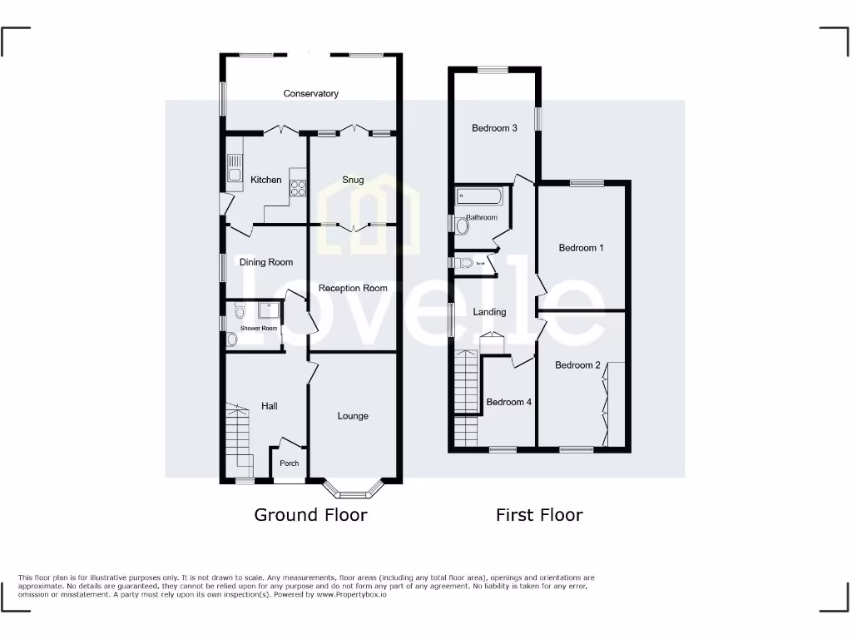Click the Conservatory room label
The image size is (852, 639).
click(310, 94)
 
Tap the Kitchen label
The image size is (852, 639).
click(266, 180)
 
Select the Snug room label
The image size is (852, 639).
click(353, 180)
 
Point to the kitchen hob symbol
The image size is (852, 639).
click(298, 190)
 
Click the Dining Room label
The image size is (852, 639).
click(266, 262)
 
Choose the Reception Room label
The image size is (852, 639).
click(353, 288)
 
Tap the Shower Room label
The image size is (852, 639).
click(259, 329)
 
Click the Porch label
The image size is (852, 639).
click(289, 463)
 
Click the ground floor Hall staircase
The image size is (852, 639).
click(240, 437)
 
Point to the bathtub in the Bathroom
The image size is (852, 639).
click(478, 197)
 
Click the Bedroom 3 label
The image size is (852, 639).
click(494, 128)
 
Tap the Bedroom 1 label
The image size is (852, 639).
click(581, 248)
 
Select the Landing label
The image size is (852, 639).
click(489, 312)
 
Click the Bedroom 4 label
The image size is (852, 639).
click(508, 402)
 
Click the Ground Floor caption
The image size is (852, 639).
click(310, 515)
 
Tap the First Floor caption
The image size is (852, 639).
click(539, 515)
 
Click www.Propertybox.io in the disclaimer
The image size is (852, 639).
click(351, 595)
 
